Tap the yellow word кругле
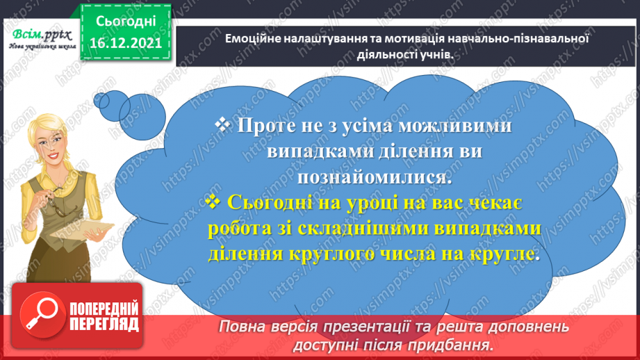pyautogui.click(x=509, y=254)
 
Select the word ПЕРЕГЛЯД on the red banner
pyautogui.click(x=104, y=324)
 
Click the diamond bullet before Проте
pyautogui.click(x=222, y=125)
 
